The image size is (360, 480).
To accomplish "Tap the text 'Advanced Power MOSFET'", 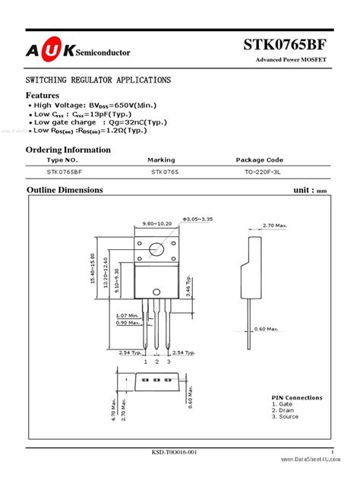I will (293, 60).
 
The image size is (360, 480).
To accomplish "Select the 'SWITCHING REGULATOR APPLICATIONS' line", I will (98, 80).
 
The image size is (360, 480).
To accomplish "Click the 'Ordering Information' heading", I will (68, 149).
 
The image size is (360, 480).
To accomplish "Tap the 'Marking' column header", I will (161, 160).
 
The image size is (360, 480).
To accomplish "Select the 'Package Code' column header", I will (260, 160).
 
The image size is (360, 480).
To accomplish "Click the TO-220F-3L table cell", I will (259, 172).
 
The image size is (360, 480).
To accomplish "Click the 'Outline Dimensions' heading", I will (65, 189).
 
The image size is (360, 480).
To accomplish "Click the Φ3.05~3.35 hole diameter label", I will (189, 217).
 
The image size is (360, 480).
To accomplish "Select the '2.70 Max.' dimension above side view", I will (274, 226).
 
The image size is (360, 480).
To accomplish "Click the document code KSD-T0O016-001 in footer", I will (174, 453).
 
